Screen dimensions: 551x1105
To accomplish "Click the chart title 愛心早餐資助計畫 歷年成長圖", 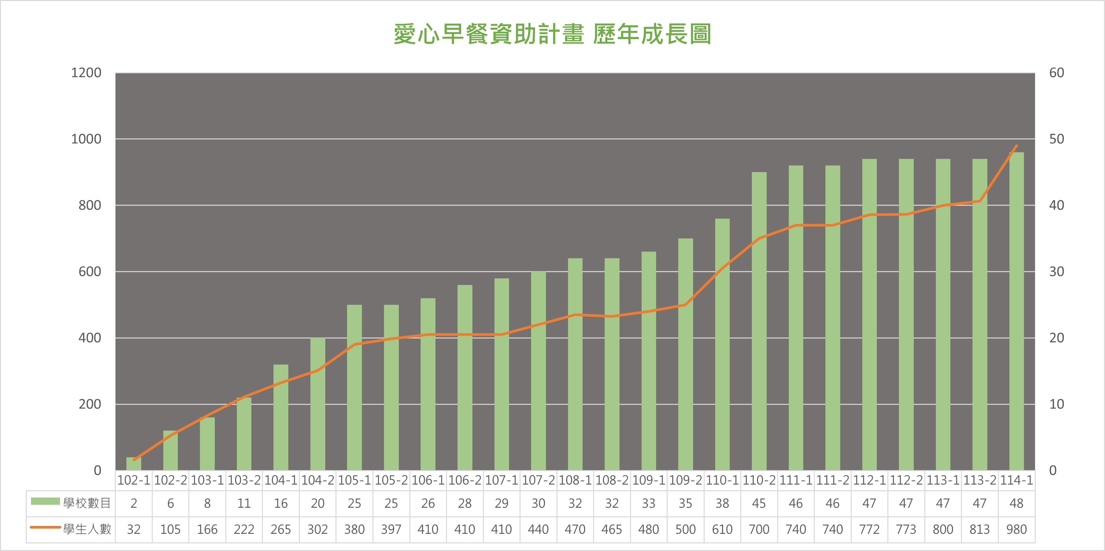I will point(552,34).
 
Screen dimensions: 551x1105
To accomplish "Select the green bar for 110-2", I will point(759,322).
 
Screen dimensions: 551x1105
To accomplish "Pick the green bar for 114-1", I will point(1016,311).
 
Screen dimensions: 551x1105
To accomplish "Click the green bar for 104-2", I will point(317,404).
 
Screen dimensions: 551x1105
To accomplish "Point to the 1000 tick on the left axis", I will point(86,139).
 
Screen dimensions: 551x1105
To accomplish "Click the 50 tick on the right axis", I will point(1057,139).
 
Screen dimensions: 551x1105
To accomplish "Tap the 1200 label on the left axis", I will point(86,73).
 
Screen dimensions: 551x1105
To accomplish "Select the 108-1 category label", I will point(575,480).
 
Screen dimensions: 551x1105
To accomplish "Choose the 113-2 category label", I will point(979,480).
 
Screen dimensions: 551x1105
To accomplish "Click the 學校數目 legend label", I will point(87,503).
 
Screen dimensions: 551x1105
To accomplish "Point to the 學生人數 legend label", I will point(87,529).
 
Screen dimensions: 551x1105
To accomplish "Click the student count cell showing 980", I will point(1016,529).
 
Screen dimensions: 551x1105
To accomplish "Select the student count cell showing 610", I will point(722,529).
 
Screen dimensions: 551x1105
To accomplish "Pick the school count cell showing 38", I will point(722,503).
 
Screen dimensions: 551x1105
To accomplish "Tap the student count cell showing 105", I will point(170,529).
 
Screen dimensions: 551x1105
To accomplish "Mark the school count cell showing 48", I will point(1016,503).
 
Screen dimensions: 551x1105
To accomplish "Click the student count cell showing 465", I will point(612,529).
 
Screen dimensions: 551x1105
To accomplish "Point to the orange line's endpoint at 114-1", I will point(1016,146).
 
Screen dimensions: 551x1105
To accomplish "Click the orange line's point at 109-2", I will point(685,305).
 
